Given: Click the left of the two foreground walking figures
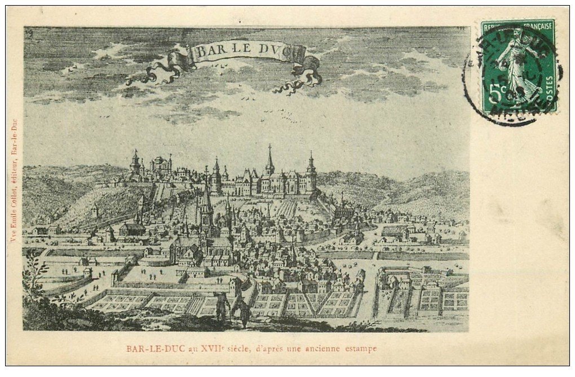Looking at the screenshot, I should click(221, 305).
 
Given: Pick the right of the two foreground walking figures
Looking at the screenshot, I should click(242, 309).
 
